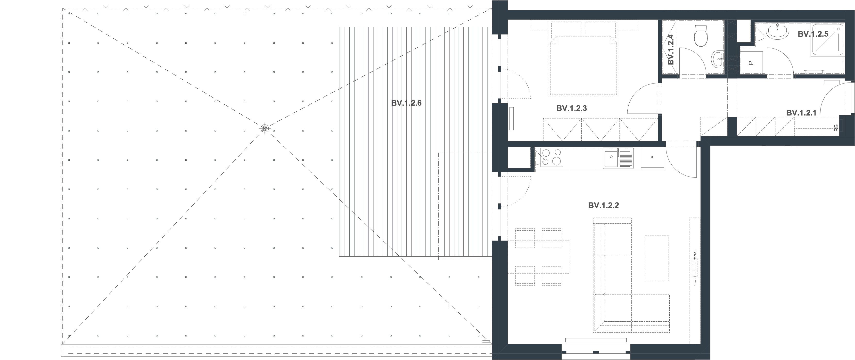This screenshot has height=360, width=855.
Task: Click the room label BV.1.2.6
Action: coord(406,103)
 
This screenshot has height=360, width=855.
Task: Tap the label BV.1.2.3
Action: coord(572,108)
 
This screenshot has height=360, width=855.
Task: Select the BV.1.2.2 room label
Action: coord(603,206)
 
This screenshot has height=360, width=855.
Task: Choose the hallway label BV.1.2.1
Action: coord(801,113)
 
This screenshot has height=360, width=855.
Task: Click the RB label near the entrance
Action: coord(836,128)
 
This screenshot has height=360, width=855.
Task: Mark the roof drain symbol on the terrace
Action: coord(264,128)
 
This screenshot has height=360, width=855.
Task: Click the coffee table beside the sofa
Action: coord(657,258)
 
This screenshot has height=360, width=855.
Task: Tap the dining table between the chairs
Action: coord(538,257)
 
